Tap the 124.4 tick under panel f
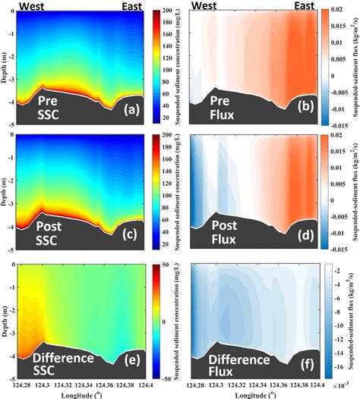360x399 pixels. point(305,383)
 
